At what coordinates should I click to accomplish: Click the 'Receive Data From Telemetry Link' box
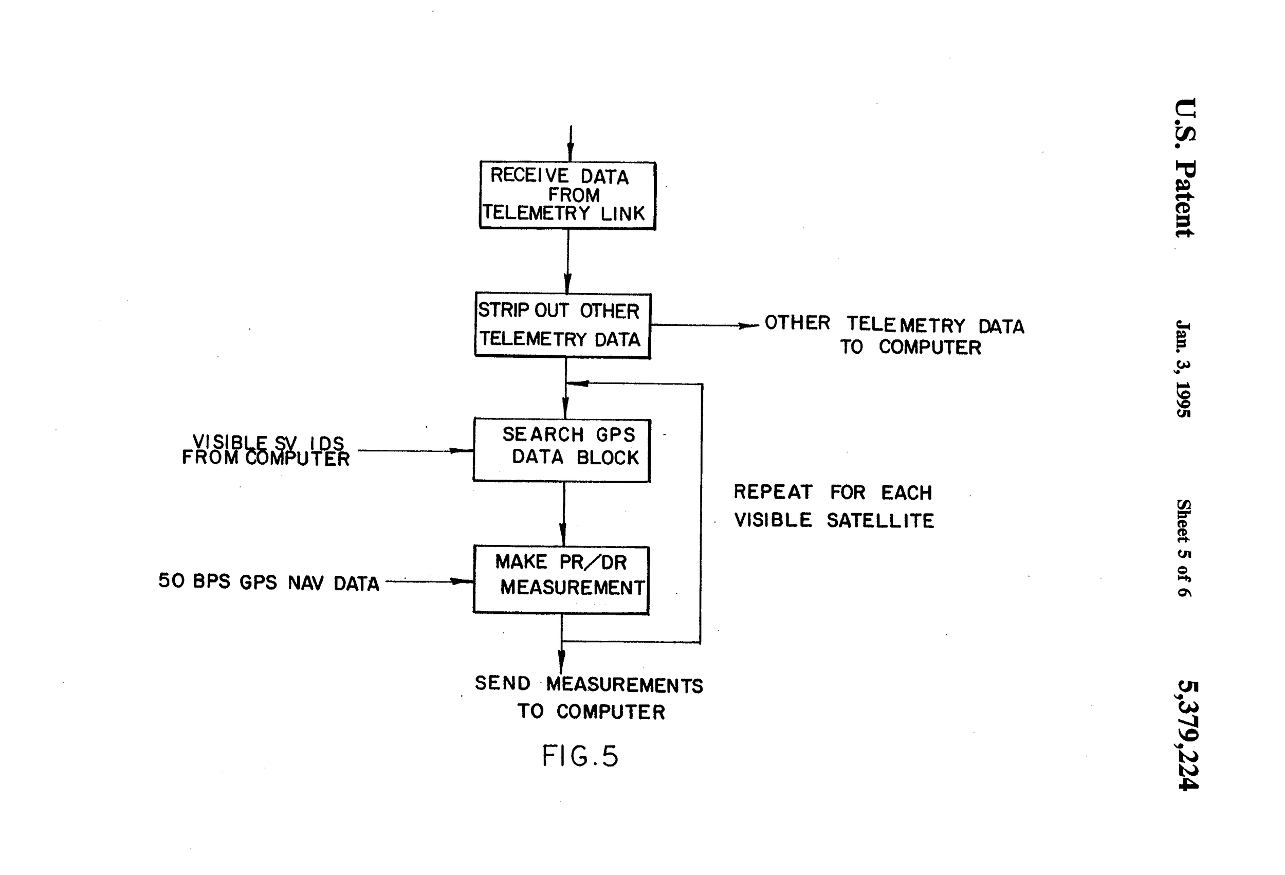[x=567, y=195]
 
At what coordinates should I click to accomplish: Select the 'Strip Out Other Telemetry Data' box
[x=563, y=325]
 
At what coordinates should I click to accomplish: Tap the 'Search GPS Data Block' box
[x=562, y=450]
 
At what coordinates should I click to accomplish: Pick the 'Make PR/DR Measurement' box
[x=561, y=579]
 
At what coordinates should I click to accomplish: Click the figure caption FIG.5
[x=579, y=756]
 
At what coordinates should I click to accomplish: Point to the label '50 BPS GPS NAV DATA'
[x=269, y=582]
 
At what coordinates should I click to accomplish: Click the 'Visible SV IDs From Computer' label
[x=266, y=451]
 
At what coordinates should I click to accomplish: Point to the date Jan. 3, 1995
[x=1183, y=369]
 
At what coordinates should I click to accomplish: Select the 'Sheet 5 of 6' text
[x=1183, y=548]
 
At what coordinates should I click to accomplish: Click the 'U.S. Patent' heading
[x=1185, y=168]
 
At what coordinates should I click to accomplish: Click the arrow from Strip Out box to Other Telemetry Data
[x=705, y=325]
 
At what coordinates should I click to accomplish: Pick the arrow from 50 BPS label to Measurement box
[x=430, y=581]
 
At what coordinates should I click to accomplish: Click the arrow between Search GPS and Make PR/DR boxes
[x=563, y=515]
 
